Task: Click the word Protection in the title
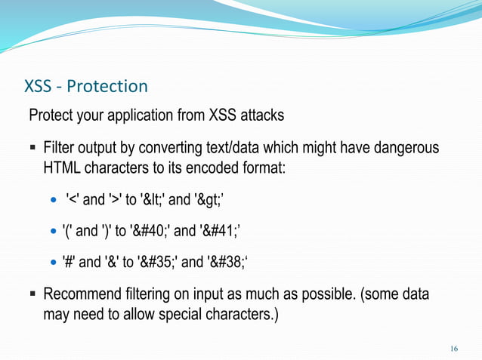[x=108, y=85]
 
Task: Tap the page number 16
[x=453, y=348]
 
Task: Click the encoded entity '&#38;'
[x=230, y=262]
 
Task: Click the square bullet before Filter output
[x=32, y=146]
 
